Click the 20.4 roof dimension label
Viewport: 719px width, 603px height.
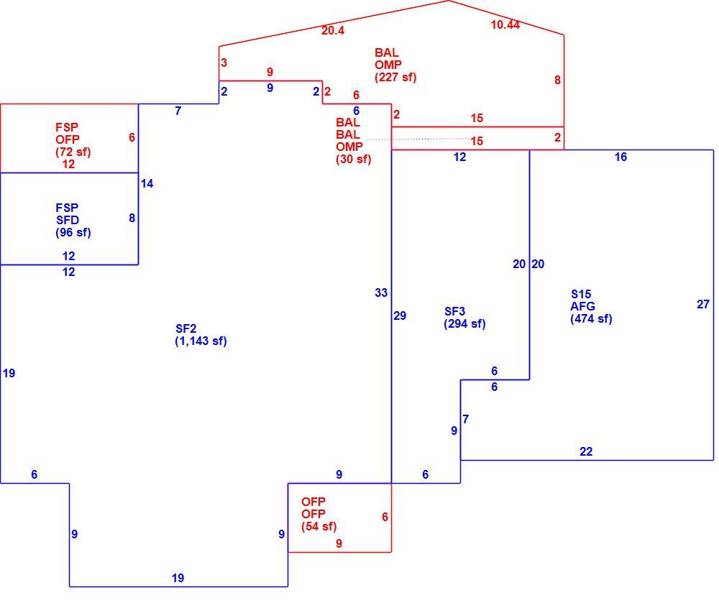pyautogui.click(x=333, y=31)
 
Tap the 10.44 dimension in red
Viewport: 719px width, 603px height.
pyautogui.click(x=505, y=24)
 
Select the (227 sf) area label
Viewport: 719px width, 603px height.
pyautogui.click(x=395, y=77)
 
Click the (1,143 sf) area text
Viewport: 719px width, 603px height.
pyautogui.click(x=201, y=341)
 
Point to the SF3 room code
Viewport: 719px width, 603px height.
pyautogui.click(x=455, y=312)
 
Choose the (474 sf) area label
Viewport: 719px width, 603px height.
pyautogui.click(x=591, y=318)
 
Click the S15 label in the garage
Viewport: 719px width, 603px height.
pyautogui.click(x=581, y=294)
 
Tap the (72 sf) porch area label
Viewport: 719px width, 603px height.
pyautogui.click(x=73, y=152)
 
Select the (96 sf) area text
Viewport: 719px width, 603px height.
pyautogui.click(x=73, y=232)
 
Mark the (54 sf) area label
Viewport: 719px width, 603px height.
pyautogui.click(x=319, y=527)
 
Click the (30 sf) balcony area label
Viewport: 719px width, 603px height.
pyautogui.click(x=354, y=159)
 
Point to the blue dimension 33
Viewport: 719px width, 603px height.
pyautogui.click(x=381, y=293)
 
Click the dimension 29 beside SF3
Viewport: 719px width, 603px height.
pyautogui.click(x=400, y=316)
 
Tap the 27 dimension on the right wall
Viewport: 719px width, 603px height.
pyautogui.click(x=703, y=304)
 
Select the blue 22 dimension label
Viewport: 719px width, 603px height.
pyautogui.click(x=586, y=452)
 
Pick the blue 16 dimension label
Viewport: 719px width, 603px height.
pyautogui.click(x=620, y=157)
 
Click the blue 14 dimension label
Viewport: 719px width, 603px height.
pyautogui.click(x=147, y=184)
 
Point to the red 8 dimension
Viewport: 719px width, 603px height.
pyautogui.click(x=557, y=80)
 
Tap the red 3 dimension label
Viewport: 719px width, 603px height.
pyautogui.click(x=224, y=63)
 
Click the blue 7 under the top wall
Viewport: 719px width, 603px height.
pyautogui.click(x=178, y=111)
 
